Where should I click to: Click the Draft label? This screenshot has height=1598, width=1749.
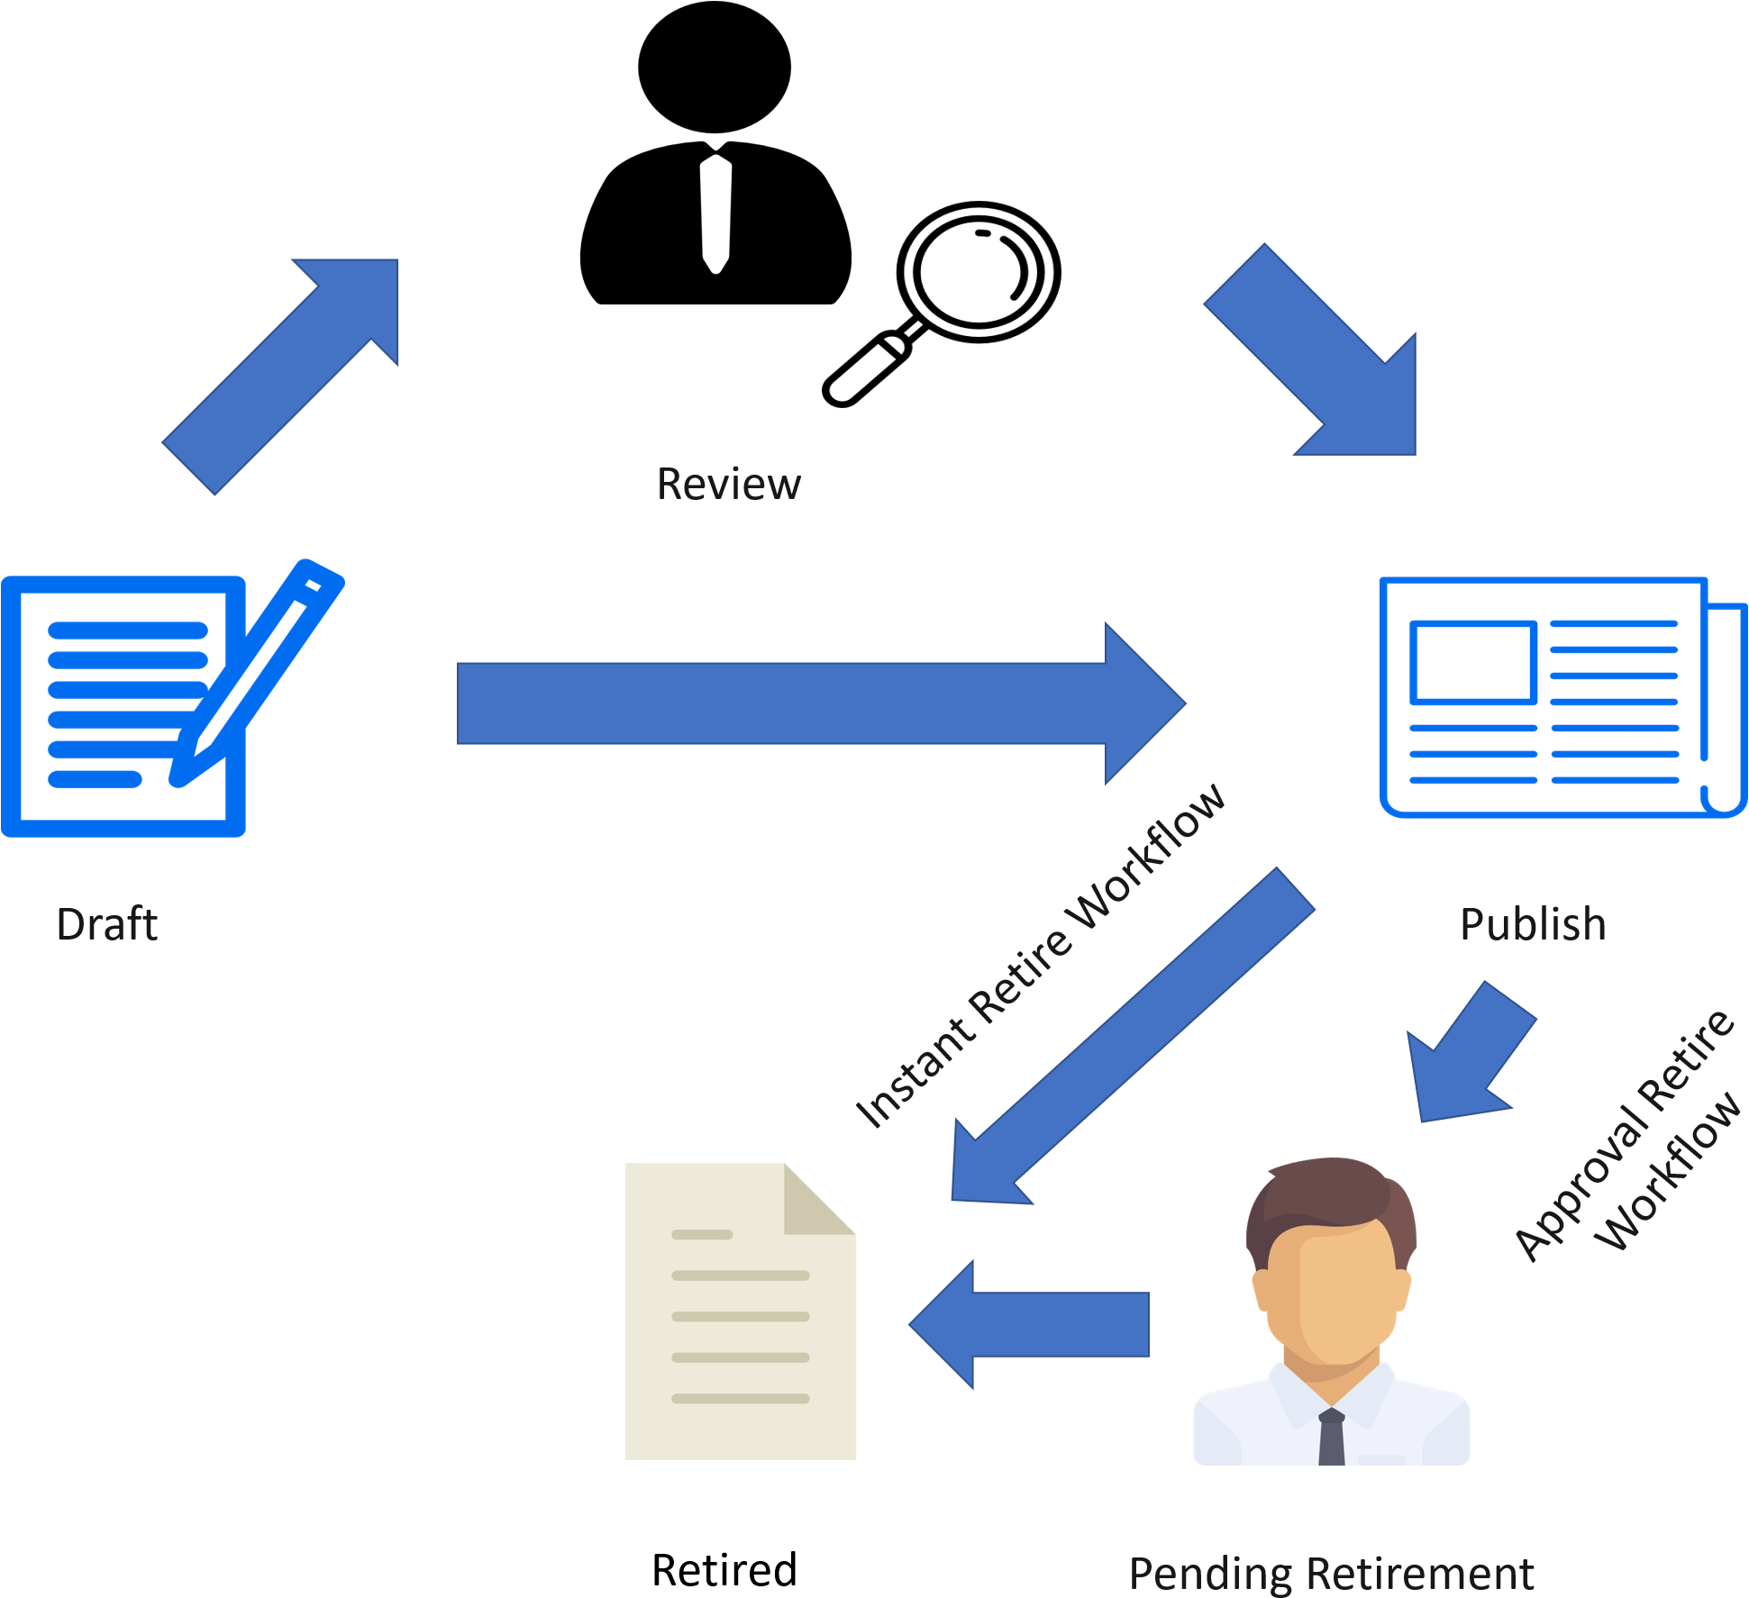pyautogui.click(x=106, y=924)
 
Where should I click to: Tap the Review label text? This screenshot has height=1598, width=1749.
pyautogui.click(x=728, y=485)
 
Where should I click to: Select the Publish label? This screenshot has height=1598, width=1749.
pyautogui.click(x=1532, y=924)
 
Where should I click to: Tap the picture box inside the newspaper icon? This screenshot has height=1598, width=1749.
pyautogui.click(x=1472, y=662)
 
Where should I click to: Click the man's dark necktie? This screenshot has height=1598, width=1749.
pyautogui.click(x=1331, y=1437)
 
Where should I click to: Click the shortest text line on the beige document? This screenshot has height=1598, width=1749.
pyautogui.click(x=702, y=1234)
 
